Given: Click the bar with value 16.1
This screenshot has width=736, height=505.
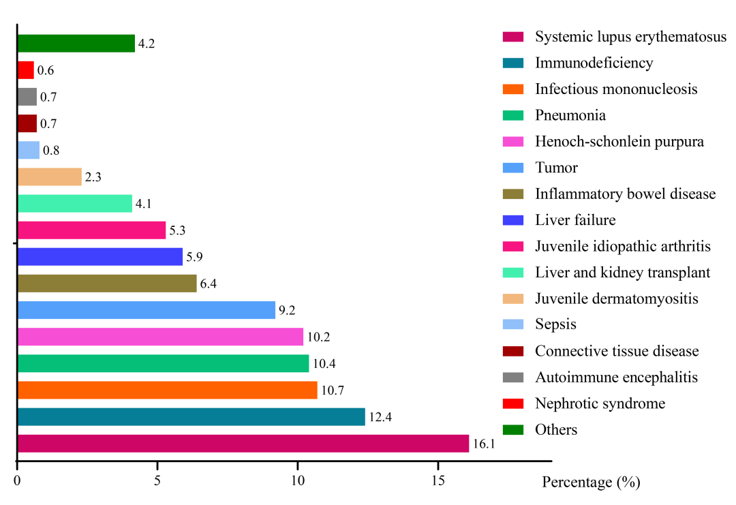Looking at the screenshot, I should click(243, 444).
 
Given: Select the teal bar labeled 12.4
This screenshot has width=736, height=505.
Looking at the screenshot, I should click(191, 416).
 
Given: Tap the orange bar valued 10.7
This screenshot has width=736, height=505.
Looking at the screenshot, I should click(167, 390).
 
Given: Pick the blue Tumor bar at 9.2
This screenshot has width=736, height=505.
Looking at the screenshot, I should click(146, 310).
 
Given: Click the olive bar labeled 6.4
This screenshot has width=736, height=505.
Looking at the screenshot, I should click(106, 283).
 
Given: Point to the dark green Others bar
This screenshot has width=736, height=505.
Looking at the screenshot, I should click(76, 44).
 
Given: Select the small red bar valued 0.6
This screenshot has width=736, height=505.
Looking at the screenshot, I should click(25, 70).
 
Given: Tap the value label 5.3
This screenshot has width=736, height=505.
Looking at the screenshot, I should click(177, 231).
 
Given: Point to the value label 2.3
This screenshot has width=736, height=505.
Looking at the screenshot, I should click(93, 178).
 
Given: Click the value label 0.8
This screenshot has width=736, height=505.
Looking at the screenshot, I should click(51, 151).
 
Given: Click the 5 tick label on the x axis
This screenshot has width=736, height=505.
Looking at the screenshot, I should click(157, 480).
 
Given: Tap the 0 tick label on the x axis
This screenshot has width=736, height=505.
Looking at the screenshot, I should click(17, 480).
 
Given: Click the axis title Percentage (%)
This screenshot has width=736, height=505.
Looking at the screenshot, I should click(591, 483).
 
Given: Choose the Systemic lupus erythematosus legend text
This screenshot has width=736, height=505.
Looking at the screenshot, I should click(630, 37).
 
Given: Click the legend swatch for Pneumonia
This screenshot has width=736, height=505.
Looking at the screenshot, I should click(512, 115).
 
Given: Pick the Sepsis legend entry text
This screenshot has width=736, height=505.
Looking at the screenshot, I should click(555, 324).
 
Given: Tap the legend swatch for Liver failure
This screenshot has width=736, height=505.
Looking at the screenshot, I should click(512, 220).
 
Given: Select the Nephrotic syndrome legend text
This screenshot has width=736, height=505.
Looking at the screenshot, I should click(600, 403).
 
